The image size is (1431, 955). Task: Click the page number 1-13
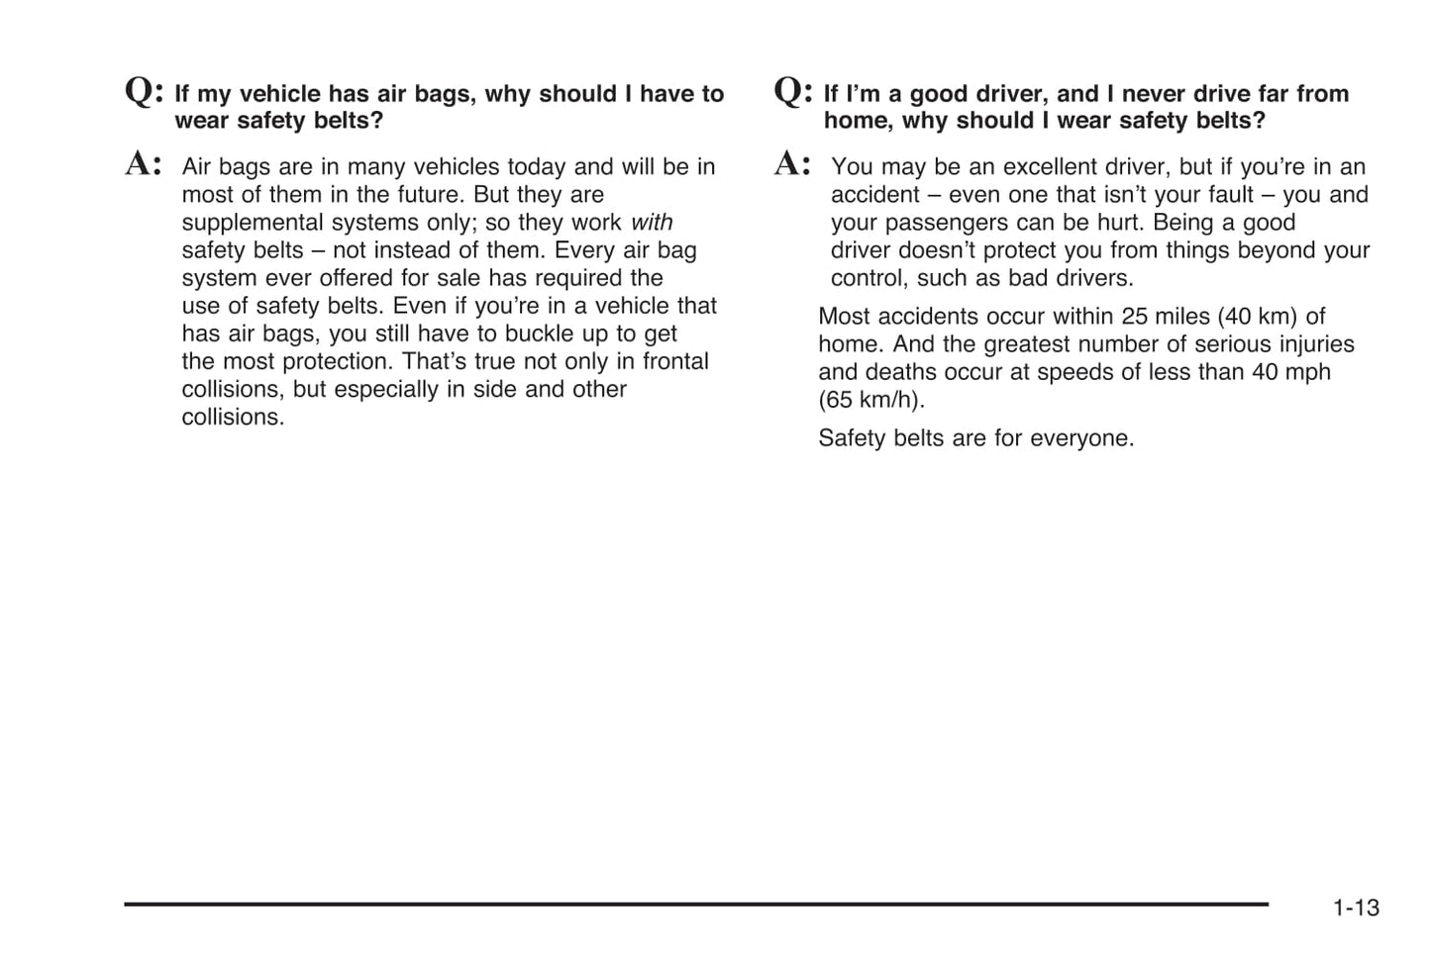[x=1355, y=907]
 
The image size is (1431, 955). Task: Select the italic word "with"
[x=652, y=223]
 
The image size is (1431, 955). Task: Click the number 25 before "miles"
[x=1135, y=317]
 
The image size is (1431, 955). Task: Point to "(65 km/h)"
[x=870, y=400]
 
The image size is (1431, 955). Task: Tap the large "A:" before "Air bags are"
[x=144, y=163]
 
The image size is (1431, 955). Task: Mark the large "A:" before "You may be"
[x=792, y=163]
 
